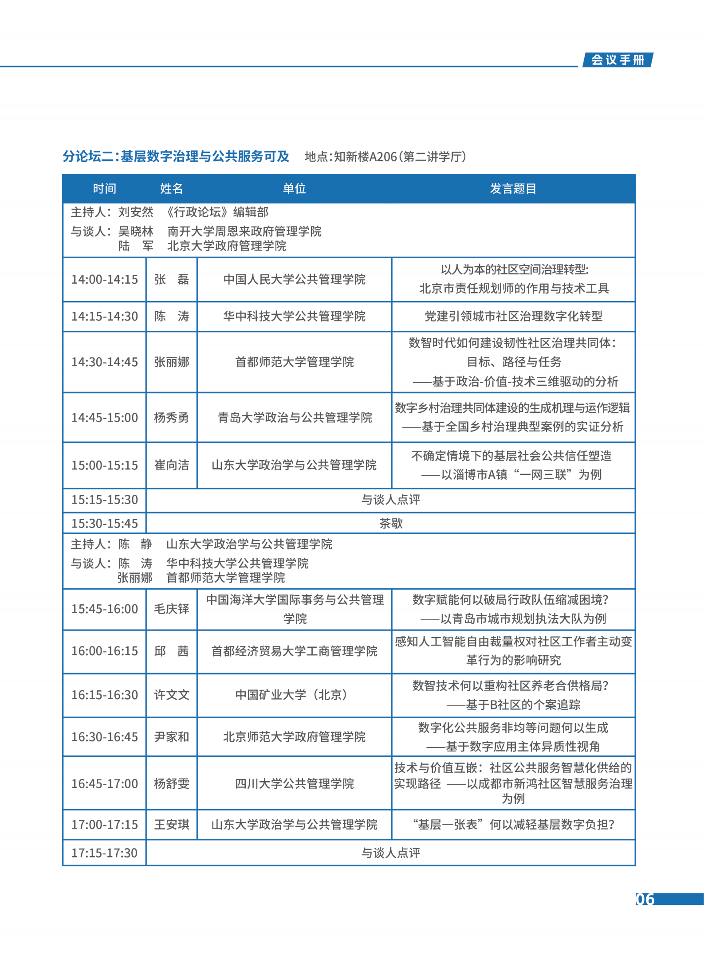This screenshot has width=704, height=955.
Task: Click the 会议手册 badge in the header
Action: point(617,60)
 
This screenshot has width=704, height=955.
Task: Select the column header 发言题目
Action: point(513,189)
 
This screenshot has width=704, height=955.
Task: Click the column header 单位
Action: point(294,189)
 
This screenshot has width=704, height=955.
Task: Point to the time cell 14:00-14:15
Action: point(105,279)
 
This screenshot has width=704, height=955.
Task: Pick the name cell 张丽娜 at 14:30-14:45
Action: point(171,362)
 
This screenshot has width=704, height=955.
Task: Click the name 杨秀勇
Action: point(171,418)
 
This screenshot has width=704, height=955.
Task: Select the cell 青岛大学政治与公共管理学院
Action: point(294,418)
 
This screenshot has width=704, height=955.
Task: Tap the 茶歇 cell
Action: point(390,524)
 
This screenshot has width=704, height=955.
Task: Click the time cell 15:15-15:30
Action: point(105,500)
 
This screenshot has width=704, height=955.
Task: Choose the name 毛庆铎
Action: point(171,609)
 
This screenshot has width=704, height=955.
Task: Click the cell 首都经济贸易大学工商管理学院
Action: point(294,651)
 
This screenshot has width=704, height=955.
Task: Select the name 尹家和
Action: point(171,737)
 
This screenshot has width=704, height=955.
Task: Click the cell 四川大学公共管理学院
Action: point(294,784)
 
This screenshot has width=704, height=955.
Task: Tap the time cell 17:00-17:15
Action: point(105,825)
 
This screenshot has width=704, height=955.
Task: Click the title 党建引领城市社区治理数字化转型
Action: point(513,317)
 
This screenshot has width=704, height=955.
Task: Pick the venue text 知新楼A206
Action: point(365,157)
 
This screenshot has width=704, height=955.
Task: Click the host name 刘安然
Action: point(135,212)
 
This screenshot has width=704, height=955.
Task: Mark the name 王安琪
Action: point(171,825)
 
